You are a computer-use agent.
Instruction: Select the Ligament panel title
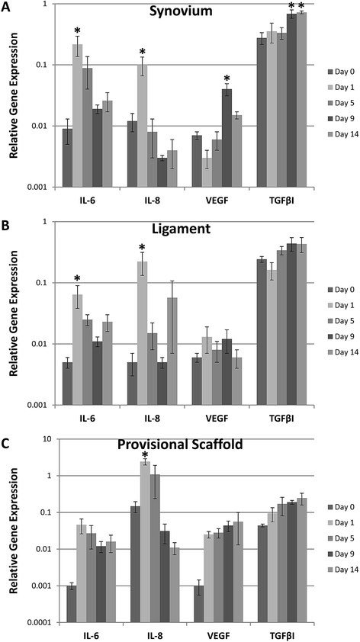(x=187, y=229)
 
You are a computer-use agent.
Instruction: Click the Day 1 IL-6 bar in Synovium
(x=77, y=115)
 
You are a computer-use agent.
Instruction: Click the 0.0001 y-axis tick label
(x=43, y=623)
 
